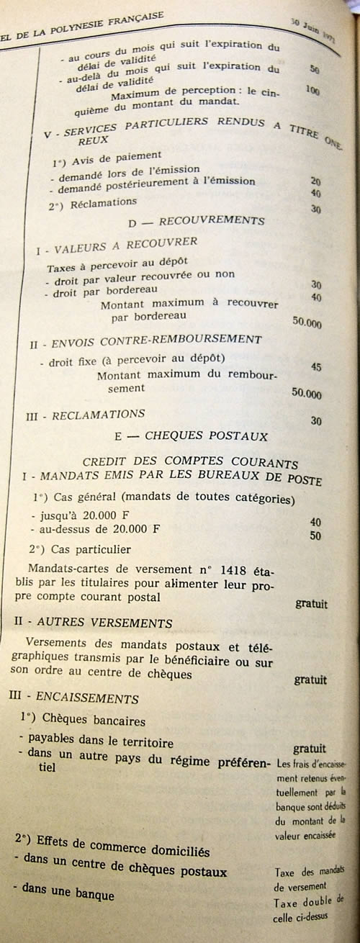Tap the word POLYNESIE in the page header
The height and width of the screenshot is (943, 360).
pyautogui.click(x=72, y=14)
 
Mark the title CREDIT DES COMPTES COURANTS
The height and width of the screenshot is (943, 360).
pyautogui.click(x=191, y=463)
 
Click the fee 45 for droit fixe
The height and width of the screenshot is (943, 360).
pyautogui.click(x=315, y=367)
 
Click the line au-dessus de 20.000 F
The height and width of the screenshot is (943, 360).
pyautogui.click(x=95, y=531)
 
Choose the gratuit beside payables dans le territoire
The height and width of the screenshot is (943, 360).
pyautogui.click(x=309, y=749)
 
